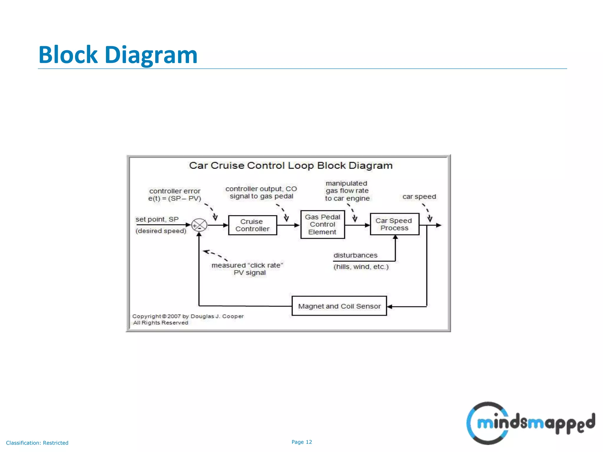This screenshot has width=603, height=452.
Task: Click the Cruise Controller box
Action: (x=252, y=225)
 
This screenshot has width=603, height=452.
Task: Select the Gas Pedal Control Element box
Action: (x=322, y=225)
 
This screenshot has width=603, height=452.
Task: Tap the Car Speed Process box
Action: (x=394, y=224)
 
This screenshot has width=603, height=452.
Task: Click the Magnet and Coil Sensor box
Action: (x=339, y=306)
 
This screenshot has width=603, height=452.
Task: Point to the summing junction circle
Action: (x=199, y=226)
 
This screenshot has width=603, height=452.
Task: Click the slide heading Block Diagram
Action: (x=118, y=55)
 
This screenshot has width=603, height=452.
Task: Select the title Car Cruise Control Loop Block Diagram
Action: (x=291, y=166)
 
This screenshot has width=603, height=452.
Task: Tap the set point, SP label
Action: (x=157, y=220)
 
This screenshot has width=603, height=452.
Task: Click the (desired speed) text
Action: (x=161, y=231)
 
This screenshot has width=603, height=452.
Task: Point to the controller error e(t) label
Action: (x=175, y=195)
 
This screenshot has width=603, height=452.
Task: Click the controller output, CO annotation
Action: (x=261, y=192)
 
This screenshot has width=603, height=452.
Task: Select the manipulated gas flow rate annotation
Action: (x=347, y=191)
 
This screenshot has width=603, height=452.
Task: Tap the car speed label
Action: (x=419, y=197)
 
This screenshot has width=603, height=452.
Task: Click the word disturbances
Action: (x=355, y=255)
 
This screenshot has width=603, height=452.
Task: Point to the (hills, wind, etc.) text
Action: (x=361, y=267)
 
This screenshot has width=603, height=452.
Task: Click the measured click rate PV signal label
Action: (x=247, y=269)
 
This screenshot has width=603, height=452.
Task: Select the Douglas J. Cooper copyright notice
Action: (x=188, y=319)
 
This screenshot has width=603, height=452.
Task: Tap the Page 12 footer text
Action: (x=301, y=442)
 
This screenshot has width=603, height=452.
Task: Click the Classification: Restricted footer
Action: (x=37, y=443)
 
